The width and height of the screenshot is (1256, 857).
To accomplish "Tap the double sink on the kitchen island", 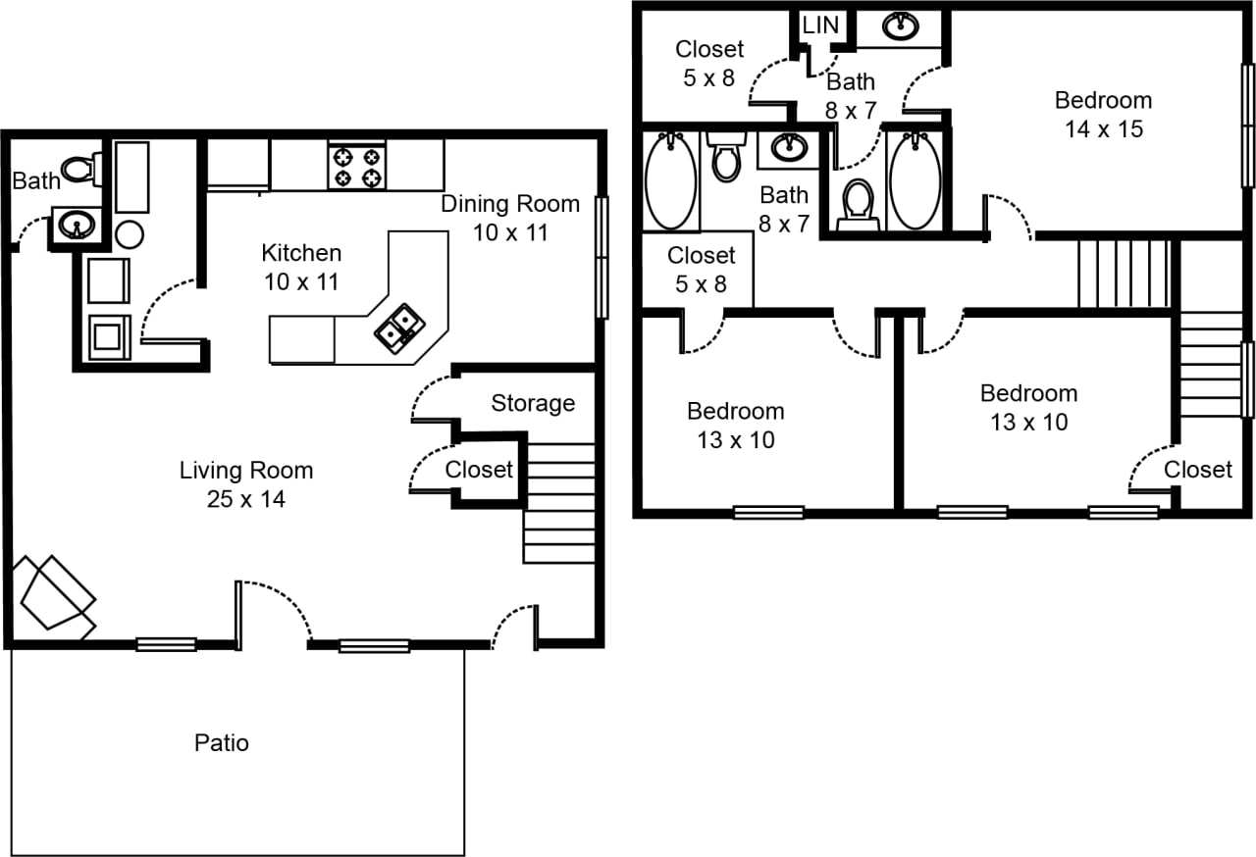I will pos(399,328).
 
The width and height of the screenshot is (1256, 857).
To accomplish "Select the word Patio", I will pos(222,743).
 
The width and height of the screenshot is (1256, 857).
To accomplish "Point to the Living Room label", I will pos(246,471).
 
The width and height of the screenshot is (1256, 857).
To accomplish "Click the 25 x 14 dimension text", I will pos(246,500).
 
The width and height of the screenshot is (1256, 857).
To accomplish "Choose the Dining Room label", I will pos(509,204).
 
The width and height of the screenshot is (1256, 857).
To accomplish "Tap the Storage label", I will pos(533,403).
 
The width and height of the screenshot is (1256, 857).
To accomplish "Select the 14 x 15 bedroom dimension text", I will pos(1104,129).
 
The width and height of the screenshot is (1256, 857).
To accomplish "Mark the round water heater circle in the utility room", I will pos(130,233).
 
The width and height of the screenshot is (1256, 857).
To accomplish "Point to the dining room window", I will pos(602,257).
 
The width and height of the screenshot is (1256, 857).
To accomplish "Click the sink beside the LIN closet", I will pos(900,26).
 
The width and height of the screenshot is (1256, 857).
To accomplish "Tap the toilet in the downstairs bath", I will pos(80,169).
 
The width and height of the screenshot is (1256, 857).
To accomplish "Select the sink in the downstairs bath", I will pos(75,225).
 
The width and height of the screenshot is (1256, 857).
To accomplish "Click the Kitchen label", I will pos(301,253).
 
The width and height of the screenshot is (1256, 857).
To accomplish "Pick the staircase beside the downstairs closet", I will pos(559,503).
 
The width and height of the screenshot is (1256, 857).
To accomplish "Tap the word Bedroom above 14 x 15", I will pos(1103,100).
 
